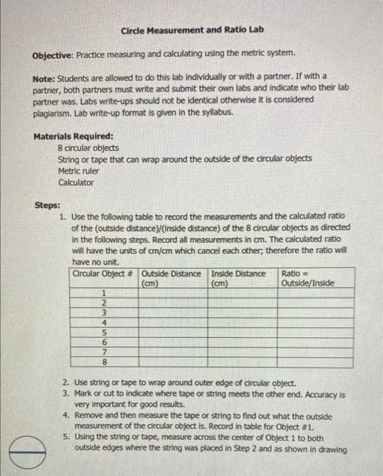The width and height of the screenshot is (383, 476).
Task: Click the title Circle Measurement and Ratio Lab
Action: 192,31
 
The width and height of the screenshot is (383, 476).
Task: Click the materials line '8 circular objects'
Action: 88,148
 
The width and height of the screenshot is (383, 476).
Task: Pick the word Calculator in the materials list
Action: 76,182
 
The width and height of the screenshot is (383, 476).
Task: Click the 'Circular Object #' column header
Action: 103,274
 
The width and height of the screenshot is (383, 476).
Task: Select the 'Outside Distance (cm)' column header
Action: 171,278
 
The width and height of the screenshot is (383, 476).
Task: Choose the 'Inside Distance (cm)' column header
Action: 239,278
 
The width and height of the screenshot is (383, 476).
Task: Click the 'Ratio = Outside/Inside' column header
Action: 308,278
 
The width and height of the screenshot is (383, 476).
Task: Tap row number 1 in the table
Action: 105,292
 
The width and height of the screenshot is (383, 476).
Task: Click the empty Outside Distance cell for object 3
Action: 173,312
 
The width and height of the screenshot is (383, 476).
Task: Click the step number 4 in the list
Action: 65,415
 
